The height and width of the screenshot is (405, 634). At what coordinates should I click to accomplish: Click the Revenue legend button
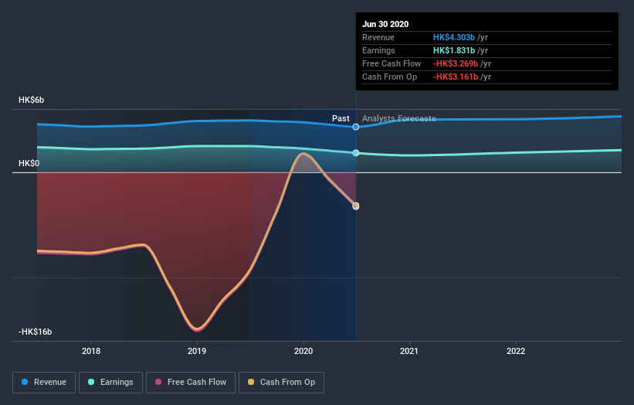coord(45,382)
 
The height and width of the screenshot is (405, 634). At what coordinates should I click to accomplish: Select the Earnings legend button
coord(110,382)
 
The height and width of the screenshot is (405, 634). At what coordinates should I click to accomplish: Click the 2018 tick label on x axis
coord(91,350)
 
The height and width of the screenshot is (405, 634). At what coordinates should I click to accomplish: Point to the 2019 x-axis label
coord(197,350)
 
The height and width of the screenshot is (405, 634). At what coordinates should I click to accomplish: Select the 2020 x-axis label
coord(303,350)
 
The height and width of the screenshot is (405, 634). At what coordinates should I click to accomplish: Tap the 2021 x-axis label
coord(409,350)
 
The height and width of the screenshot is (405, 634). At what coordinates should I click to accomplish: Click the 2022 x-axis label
coord(515,350)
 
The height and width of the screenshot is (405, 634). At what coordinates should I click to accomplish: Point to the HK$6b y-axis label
coord(32,100)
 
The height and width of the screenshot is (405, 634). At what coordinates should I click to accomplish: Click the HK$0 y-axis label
coord(29,164)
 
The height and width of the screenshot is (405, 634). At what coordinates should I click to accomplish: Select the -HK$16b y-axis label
coord(36,332)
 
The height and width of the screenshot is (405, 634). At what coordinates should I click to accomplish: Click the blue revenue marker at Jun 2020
coord(356,127)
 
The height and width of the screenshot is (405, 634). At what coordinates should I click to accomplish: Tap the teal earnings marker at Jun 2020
coord(356,153)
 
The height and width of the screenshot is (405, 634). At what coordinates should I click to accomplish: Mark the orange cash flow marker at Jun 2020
coord(356,206)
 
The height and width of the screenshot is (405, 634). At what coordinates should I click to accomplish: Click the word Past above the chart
coord(341,118)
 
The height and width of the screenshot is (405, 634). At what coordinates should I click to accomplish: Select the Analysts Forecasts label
coord(398,118)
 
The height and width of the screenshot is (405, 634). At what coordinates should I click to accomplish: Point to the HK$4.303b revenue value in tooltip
coord(453,37)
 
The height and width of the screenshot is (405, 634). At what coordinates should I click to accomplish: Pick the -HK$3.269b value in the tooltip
coord(456,63)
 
